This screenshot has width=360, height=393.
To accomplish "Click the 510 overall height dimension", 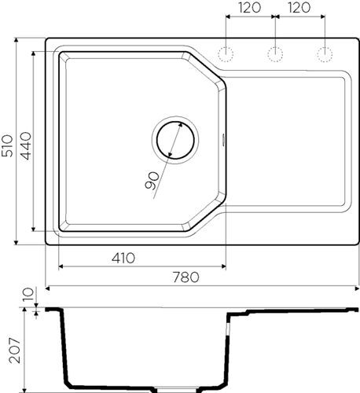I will pyautogui.click(x=7, y=141).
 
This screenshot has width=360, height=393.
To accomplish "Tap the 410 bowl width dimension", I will pyautogui.click(x=123, y=257).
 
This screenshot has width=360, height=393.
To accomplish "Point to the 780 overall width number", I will pyautogui.click(x=186, y=277).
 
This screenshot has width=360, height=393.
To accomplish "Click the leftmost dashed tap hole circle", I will pyautogui.click(x=227, y=53).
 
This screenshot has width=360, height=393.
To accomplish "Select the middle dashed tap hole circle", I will pyautogui.click(x=276, y=53).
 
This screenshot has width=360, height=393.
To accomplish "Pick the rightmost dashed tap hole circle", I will pyautogui.click(x=324, y=53).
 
